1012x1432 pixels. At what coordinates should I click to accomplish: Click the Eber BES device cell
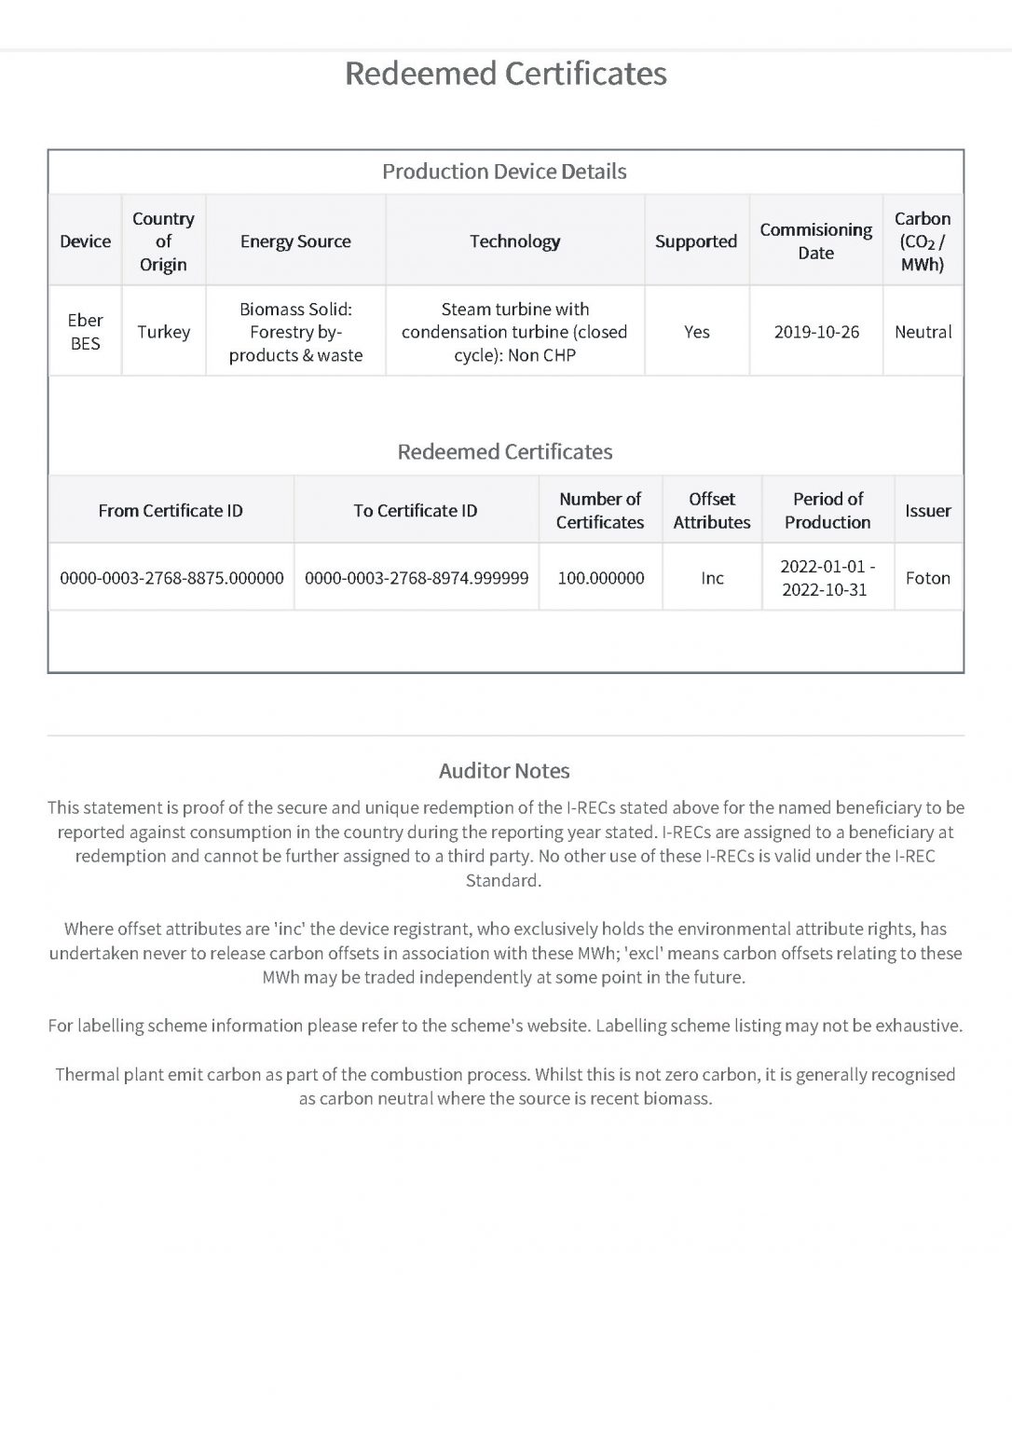(85, 332)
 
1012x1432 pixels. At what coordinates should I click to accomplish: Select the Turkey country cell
(164, 332)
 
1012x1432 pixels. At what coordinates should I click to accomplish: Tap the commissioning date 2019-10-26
(816, 332)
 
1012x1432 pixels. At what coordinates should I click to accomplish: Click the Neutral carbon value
(923, 332)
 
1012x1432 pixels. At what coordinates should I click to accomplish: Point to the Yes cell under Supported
(696, 332)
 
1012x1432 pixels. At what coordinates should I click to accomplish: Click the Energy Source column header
(295, 241)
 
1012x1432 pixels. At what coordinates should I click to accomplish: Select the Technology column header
(514, 241)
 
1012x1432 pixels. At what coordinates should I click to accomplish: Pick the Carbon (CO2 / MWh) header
(923, 241)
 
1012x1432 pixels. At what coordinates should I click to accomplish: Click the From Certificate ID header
(171, 511)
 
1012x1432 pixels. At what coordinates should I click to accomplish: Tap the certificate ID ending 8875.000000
(171, 578)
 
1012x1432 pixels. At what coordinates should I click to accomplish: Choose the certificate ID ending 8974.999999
(417, 578)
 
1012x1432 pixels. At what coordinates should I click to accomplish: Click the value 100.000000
(600, 578)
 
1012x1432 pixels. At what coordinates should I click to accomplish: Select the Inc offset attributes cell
(712, 578)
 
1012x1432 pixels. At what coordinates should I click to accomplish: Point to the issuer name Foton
(927, 578)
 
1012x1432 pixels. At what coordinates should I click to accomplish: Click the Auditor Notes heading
(504, 771)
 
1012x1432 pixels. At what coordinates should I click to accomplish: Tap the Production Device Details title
(504, 172)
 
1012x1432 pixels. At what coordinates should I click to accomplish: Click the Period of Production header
(827, 511)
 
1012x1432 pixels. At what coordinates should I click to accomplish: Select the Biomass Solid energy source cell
(295, 332)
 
